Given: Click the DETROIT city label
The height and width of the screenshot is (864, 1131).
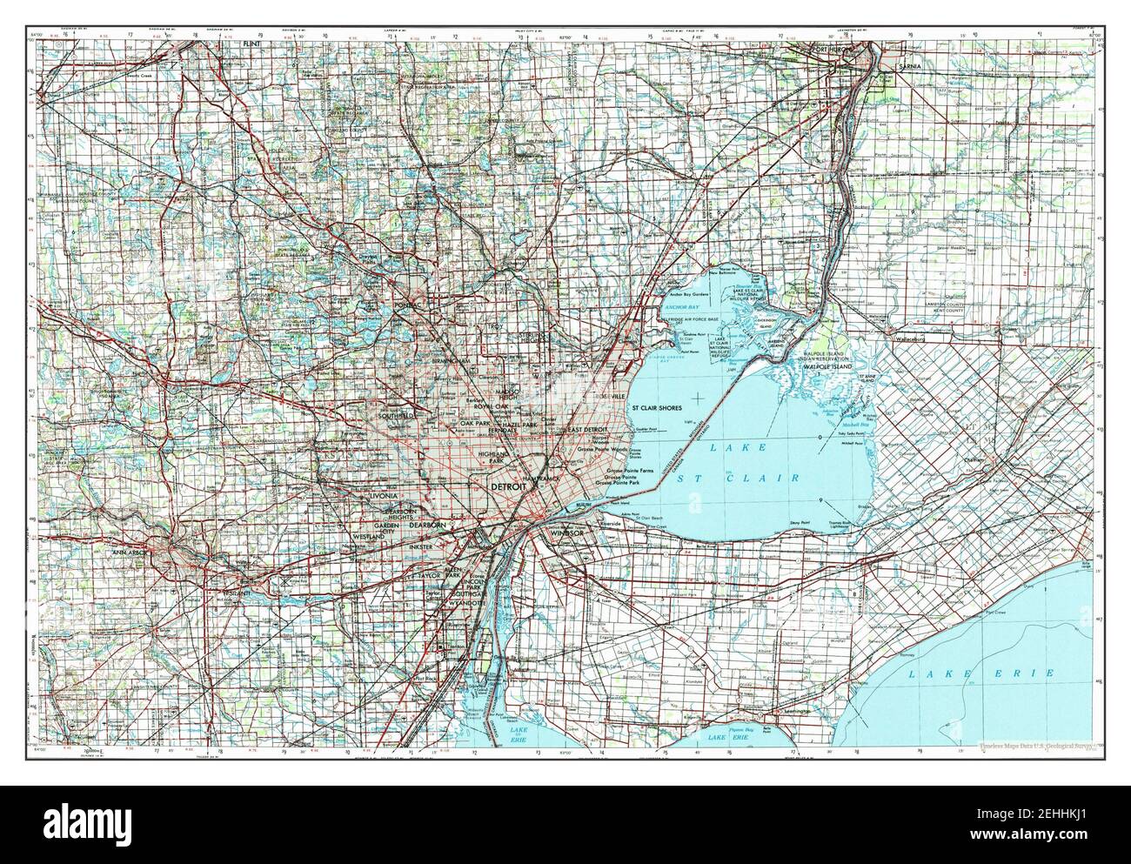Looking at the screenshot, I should (x=508, y=488).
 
